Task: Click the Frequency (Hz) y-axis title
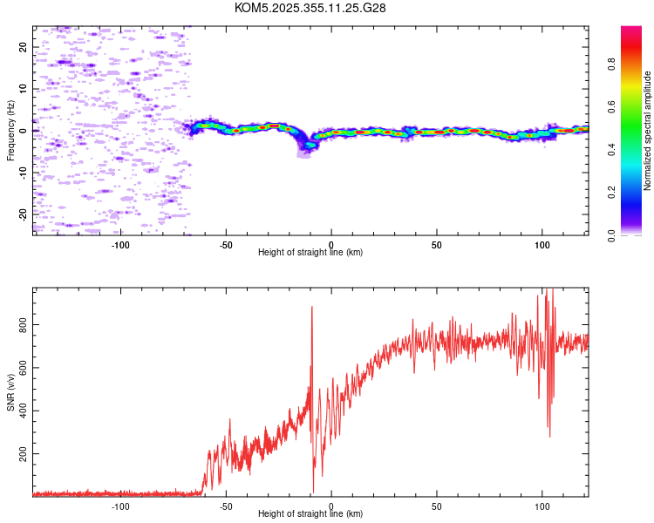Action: [10, 131]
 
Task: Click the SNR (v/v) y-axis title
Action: [10, 392]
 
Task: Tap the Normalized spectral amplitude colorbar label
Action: [648, 131]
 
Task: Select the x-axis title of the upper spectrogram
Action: [310, 252]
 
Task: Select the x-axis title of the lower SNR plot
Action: [310, 513]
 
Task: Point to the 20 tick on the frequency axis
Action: [23, 47]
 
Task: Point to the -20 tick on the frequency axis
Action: [23, 214]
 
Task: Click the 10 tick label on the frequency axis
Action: [23, 89]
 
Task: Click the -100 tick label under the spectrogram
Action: [120, 243]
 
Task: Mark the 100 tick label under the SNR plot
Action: [542, 505]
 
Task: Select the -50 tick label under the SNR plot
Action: [226, 505]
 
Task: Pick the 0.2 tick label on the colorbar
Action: [612, 192]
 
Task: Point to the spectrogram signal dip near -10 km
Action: [307, 144]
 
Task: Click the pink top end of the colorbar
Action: [631, 31]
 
